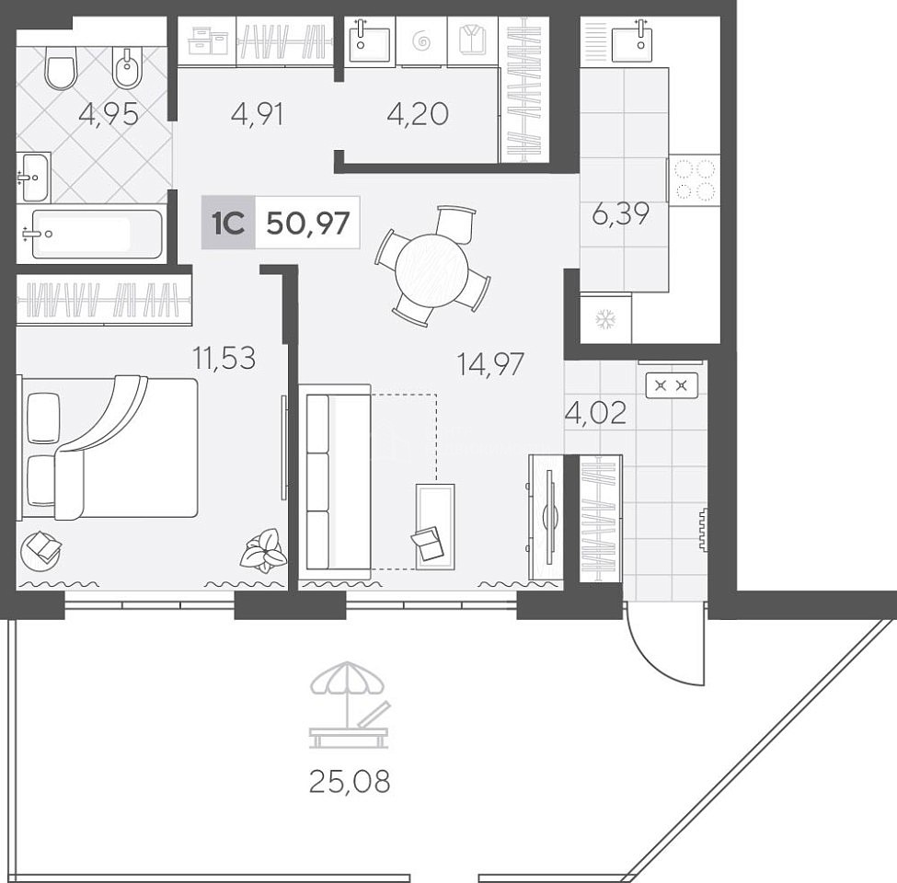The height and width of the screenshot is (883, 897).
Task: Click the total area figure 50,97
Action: [x=308, y=223]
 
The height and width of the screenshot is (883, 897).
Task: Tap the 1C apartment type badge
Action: [x=228, y=223]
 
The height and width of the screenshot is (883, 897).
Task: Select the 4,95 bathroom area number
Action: [x=109, y=114]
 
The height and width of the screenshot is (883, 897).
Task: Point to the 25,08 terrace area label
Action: [x=350, y=781]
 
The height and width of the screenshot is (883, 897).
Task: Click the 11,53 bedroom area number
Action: [x=224, y=359]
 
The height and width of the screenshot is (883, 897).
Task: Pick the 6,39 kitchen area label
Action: [x=621, y=214]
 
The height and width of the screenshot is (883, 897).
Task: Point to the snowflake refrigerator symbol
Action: [x=604, y=319]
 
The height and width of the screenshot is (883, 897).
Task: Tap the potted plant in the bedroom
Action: [x=263, y=551]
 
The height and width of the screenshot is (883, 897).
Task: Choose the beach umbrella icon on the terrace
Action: [x=349, y=705]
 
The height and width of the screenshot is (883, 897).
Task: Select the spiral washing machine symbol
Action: [x=421, y=41]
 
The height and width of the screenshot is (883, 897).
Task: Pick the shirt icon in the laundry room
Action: [x=473, y=40]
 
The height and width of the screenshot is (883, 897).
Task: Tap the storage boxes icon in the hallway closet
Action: [x=207, y=41]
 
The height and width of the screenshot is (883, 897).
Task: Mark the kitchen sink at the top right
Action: [x=640, y=40]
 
